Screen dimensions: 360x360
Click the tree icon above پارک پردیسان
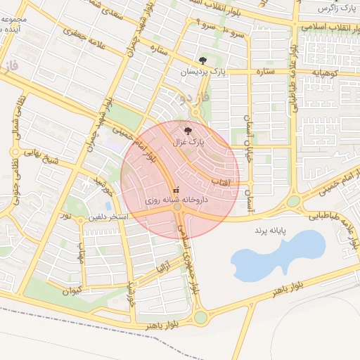coord(202,60)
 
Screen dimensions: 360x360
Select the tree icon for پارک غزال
coord(187,130)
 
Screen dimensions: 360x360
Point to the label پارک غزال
coord(187,141)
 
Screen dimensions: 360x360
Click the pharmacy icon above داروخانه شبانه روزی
coord(176,189)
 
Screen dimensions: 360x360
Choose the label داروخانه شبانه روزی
coord(176,200)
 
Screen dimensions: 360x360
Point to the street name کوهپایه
coord(326,72)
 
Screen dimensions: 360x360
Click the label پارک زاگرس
coord(333,8)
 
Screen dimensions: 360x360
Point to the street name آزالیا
coord(162,268)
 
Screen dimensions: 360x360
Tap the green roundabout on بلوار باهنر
coord(201,317)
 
